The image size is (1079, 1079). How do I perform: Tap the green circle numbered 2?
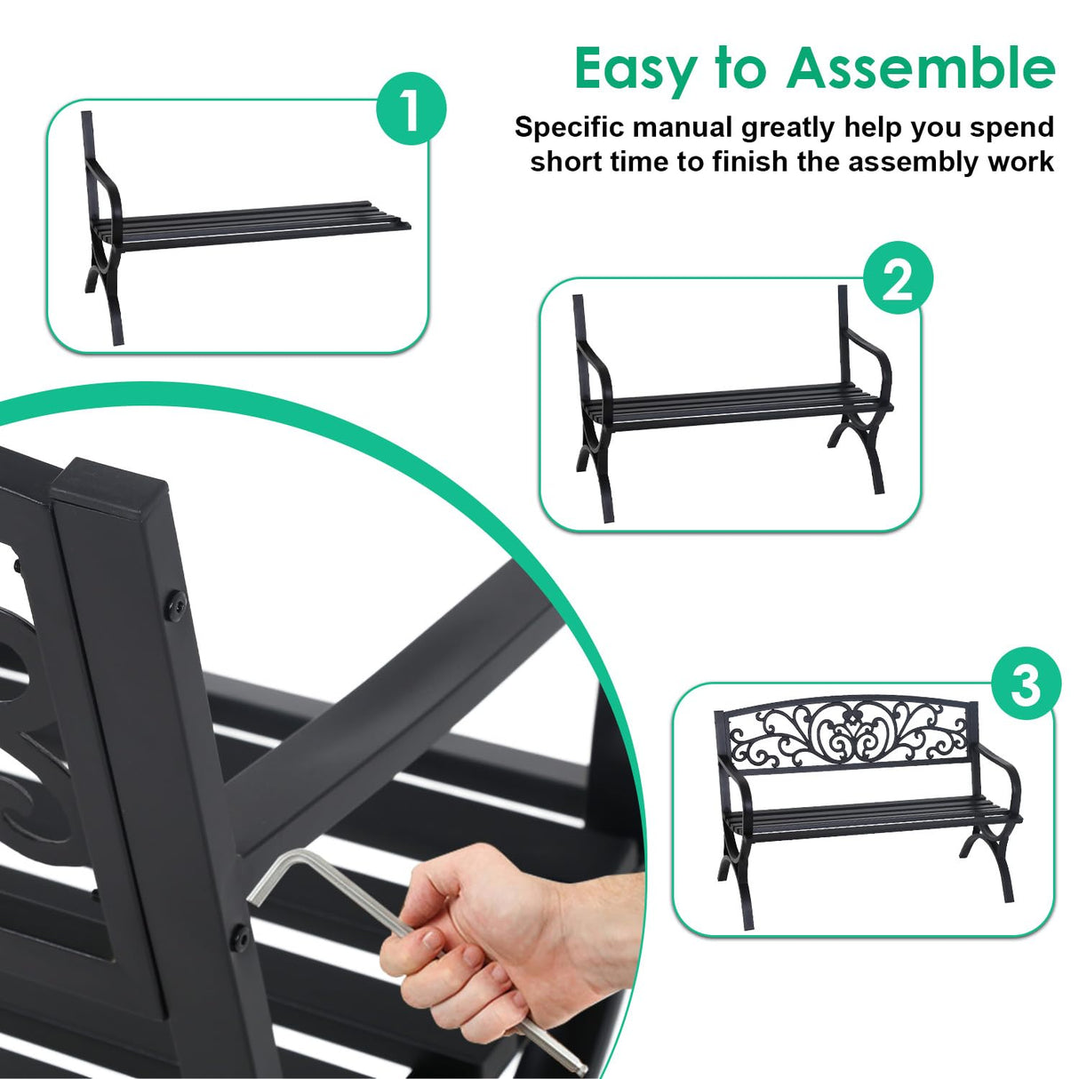[x=898, y=282]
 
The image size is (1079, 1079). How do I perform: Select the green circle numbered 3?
[x=1026, y=686]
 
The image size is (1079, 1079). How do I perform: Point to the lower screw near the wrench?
[x=238, y=933]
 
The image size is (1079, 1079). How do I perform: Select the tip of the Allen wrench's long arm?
[x=579, y=1066]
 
